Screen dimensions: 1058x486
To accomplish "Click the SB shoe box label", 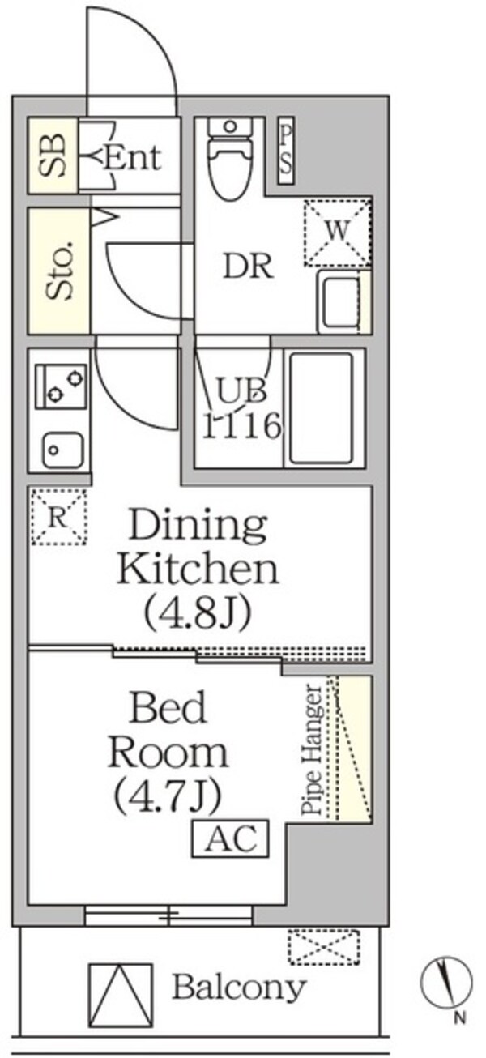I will point(53,156).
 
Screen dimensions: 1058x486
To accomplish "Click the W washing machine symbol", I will point(337,232).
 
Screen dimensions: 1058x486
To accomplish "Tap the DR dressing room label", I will point(249,267).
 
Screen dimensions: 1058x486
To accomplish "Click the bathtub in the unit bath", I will point(322,407).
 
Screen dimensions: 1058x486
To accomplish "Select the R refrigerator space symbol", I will point(58,518).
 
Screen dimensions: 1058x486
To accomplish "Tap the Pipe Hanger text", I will point(313,750).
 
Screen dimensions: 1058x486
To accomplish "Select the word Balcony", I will point(238,988).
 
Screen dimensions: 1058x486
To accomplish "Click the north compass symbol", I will point(446,981).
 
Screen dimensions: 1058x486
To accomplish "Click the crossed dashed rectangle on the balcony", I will point(323,947).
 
